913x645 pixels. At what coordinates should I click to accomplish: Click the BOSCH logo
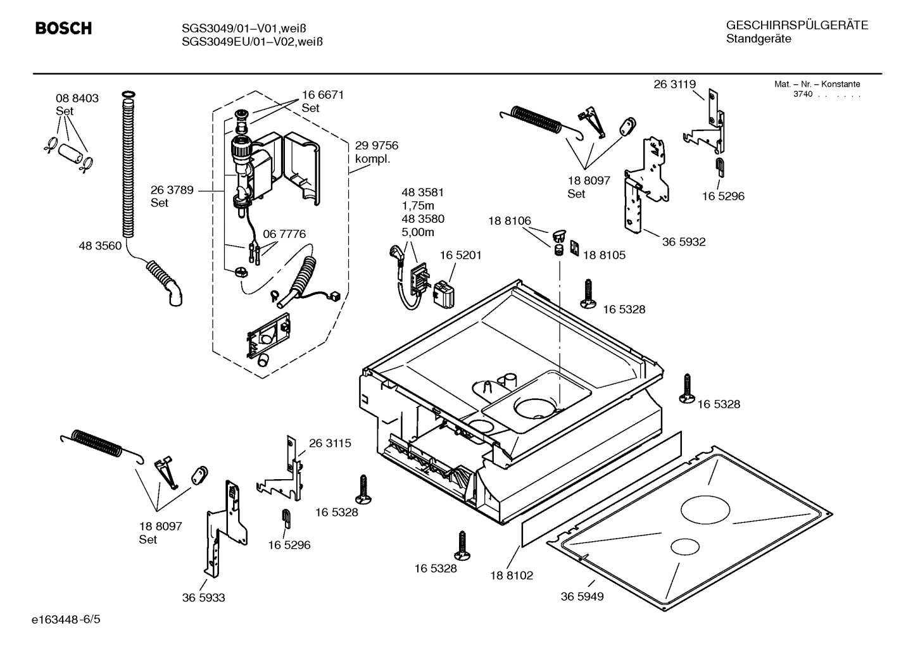[63, 28]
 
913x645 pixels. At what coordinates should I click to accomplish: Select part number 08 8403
[77, 98]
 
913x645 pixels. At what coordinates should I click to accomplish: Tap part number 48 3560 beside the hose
[99, 246]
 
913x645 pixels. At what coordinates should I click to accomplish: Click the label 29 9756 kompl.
[376, 152]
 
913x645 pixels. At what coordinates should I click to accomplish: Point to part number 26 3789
[172, 189]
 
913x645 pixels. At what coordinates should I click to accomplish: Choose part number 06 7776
[284, 234]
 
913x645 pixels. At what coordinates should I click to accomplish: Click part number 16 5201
[460, 255]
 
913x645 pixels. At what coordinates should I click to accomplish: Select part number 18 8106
[509, 221]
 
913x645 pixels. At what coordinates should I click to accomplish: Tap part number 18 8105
[603, 255]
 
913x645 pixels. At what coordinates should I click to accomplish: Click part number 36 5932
[684, 242]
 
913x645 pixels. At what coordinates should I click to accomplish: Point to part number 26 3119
[674, 84]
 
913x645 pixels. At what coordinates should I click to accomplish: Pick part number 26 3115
[330, 443]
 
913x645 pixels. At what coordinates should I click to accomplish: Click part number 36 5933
[203, 598]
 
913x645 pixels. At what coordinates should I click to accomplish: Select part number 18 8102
[512, 575]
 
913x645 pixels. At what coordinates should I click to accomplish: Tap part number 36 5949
[582, 596]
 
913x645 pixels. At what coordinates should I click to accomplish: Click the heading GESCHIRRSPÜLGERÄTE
[797, 25]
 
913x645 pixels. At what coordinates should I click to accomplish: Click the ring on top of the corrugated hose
[127, 95]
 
